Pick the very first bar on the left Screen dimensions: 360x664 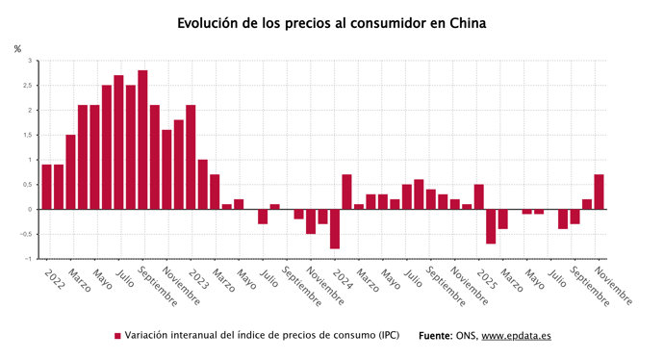(x=46, y=187)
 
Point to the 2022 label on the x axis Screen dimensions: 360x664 (x=55, y=280)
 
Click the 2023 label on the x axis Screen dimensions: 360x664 (x=198, y=280)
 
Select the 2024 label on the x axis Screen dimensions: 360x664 (x=343, y=280)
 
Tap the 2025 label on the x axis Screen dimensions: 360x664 (x=486, y=280)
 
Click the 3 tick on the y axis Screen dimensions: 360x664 (x=29, y=61)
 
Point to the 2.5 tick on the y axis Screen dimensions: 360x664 (x=27, y=86)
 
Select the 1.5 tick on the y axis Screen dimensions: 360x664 (x=27, y=135)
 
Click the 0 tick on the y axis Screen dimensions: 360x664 (x=29, y=209)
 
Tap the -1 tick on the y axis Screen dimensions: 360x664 (x=28, y=259)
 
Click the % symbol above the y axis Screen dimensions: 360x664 (x=16, y=48)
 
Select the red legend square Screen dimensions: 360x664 (x=118, y=336)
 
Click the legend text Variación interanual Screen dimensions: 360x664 (x=260, y=336)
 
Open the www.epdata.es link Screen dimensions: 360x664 (x=516, y=336)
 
